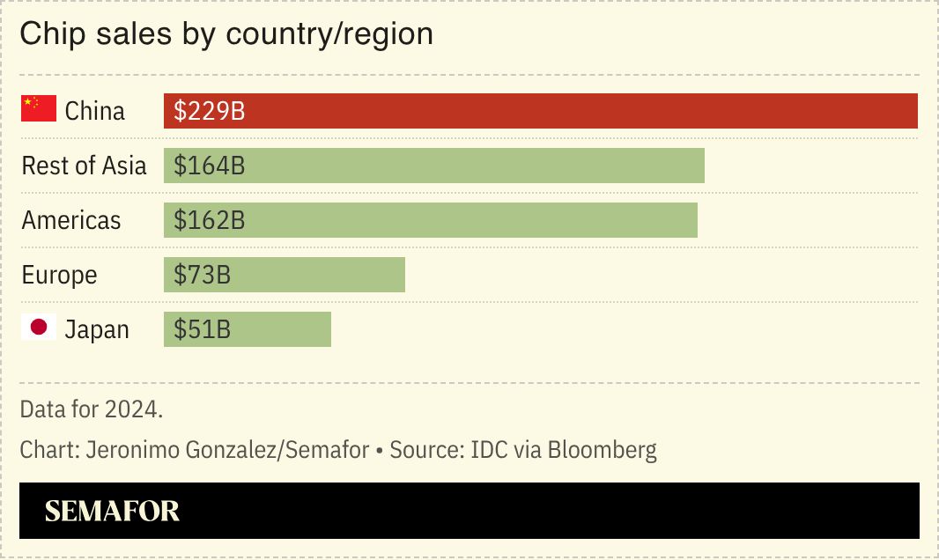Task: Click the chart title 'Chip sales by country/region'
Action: coord(226,34)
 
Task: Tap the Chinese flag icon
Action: coord(39,110)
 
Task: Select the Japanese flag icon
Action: coord(39,328)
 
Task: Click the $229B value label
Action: coord(209,112)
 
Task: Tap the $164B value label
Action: coord(209,166)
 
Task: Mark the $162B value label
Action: coord(209,221)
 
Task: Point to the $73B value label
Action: coord(202,276)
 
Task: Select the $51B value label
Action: coord(202,330)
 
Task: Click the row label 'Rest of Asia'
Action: coord(84,166)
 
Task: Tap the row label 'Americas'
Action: coord(71,221)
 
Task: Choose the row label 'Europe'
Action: coord(59,276)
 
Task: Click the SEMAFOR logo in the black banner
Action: coord(112,512)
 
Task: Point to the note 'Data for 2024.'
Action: coord(92,409)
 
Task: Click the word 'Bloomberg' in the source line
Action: coord(602,451)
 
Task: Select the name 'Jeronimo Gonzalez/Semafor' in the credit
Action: coord(227,451)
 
